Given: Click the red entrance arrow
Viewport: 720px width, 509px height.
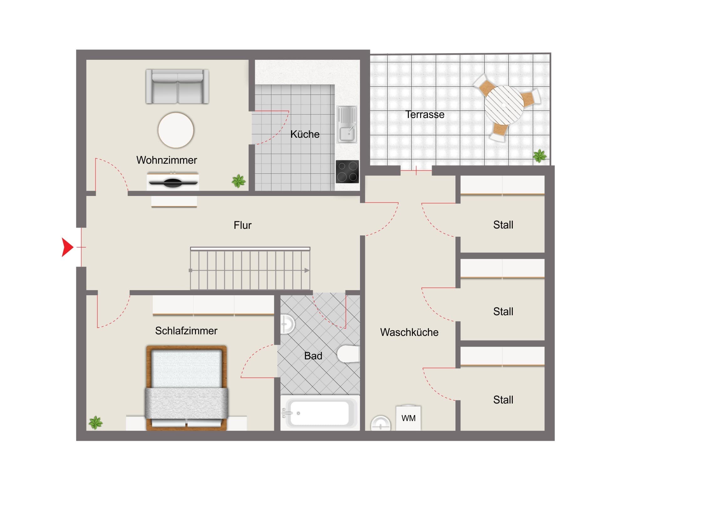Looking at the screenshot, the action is click(67, 247).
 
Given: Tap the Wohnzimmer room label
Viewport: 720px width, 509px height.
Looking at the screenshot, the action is click(167, 160).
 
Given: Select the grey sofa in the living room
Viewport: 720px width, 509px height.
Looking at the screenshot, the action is click(177, 87).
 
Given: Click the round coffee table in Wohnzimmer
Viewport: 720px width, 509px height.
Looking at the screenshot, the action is click(176, 130).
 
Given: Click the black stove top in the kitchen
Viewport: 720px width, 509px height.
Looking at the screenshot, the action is click(347, 172).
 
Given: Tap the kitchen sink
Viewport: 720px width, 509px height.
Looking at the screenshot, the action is click(347, 125).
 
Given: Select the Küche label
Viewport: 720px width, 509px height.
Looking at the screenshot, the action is click(305, 134).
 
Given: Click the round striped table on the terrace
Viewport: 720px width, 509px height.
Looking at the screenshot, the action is click(504, 105).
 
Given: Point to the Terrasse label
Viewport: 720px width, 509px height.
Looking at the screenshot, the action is click(424, 115).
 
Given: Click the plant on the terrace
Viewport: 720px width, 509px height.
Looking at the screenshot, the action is click(540, 156).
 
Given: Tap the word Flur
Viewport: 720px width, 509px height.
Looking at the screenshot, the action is click(242, 225).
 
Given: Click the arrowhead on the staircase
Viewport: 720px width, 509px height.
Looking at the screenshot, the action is click(307, 270).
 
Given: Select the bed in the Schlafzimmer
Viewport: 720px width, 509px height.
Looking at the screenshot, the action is click(186, 388).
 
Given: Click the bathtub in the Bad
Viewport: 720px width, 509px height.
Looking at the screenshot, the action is click(320, 413).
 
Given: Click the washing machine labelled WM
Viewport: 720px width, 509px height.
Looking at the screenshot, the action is click(408, 418).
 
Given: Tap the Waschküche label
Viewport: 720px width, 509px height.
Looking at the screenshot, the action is click(409, 332).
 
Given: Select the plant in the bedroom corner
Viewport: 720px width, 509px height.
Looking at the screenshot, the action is click(95, 423).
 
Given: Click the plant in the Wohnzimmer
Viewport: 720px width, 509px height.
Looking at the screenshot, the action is click(239, 181).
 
